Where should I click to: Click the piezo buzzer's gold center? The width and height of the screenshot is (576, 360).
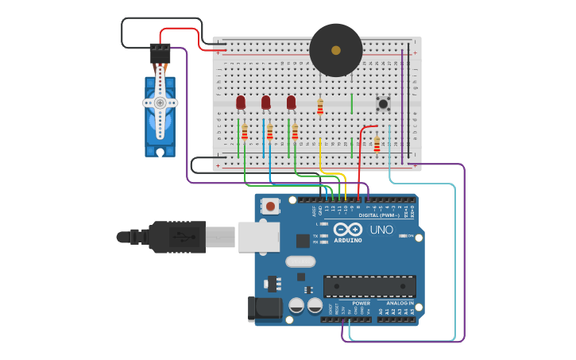pos(336,50)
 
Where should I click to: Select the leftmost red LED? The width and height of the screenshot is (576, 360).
pos(241,102)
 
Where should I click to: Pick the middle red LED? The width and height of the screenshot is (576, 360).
pos(266,102)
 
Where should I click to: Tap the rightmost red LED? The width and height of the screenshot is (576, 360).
pos(292,102)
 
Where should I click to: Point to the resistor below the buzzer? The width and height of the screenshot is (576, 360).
pos(320,106)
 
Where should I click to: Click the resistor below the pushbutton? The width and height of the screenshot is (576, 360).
pos(377,144)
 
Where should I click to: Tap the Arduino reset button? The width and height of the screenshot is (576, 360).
pos(271,207)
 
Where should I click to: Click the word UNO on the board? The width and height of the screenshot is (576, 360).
pos(381,230)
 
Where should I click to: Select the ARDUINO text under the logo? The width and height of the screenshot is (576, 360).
pos(348,240)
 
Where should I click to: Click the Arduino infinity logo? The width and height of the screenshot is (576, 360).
pos(348,229)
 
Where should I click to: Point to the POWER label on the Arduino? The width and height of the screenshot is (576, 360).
pos(361,303)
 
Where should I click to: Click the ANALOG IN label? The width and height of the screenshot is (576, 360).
pos(400,303)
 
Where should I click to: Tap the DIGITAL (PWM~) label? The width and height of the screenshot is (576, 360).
pos(380,215)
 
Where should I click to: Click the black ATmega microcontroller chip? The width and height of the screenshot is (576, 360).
pos(369,286)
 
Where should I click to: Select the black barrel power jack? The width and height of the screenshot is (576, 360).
pos(265,308)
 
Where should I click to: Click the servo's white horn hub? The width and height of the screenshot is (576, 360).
pos(160,103)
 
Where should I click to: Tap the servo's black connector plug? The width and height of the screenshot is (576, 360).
pos(160,52)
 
